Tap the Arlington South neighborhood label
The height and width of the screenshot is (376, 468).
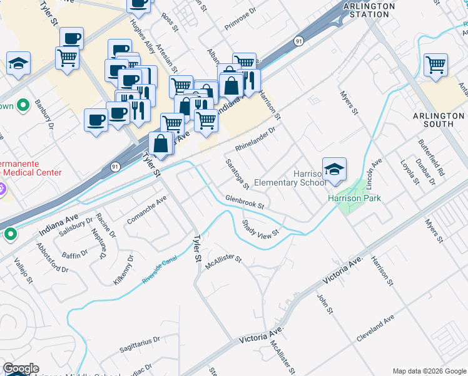pos(439,120)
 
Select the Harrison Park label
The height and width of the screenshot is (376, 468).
pos(354,198)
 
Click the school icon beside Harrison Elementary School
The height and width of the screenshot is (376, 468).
pos(335,169)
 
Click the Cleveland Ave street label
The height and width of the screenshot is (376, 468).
pos(375,328)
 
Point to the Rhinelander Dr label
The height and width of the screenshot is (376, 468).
pos(256,140)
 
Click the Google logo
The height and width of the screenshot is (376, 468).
pos(21,368)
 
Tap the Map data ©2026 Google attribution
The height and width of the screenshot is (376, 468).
pos(429,370)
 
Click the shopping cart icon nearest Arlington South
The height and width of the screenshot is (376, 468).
pos(435,65)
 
